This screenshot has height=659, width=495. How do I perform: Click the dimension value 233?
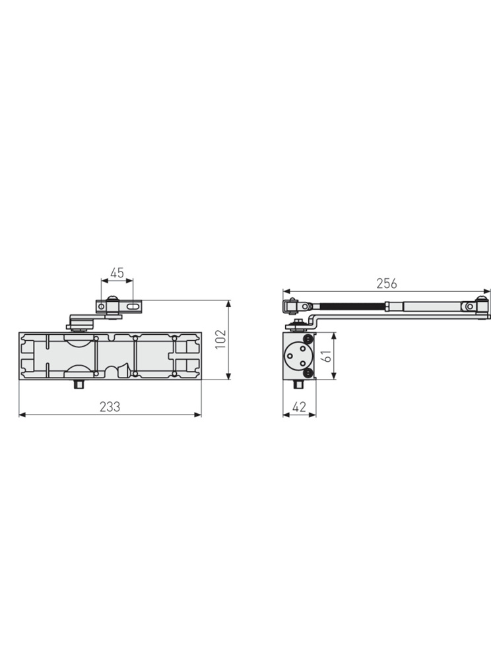(110, 407)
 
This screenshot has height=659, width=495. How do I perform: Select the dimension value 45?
(117, 273)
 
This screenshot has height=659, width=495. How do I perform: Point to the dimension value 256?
(386, 283)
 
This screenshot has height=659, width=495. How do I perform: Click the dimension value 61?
(326, 356)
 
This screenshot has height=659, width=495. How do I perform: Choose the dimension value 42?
(298, 407)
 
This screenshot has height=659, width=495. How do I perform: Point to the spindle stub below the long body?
(79, 384)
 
